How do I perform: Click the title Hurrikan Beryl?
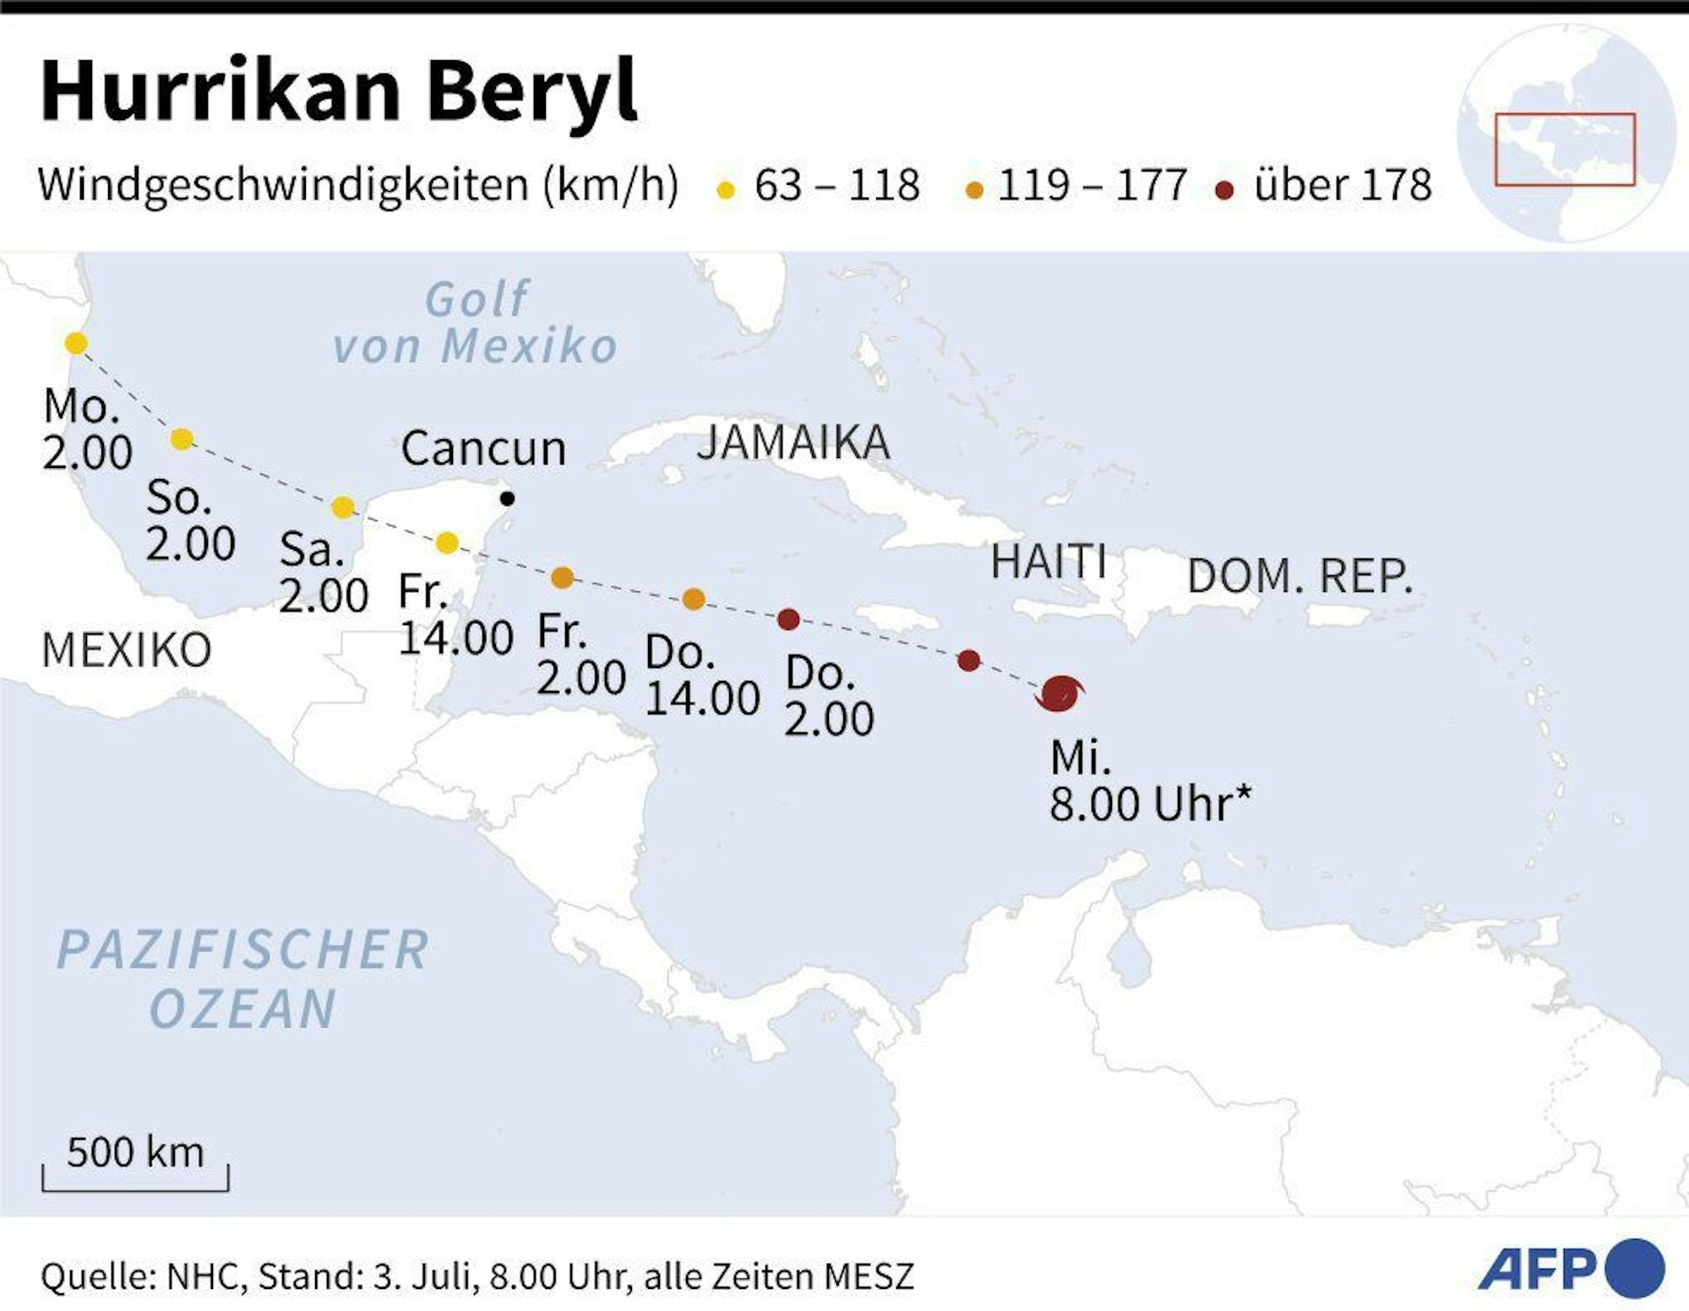coord(338,91)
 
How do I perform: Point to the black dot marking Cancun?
coord(507,498)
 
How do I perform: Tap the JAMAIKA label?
coord(793,443)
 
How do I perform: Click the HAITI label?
coord(1049,561)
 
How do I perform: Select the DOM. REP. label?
coord(1300,576)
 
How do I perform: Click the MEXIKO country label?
coord(127,650)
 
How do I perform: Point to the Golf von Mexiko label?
coord(475,323)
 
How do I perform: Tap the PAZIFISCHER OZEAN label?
coord(243,978)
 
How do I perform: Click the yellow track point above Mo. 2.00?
coord(76,344)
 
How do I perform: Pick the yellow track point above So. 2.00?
coord(182,438)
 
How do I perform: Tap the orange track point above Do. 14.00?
coord(693,599)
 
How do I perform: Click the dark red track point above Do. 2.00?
coord(788,620)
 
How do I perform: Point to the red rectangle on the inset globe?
coord(1565,149)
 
